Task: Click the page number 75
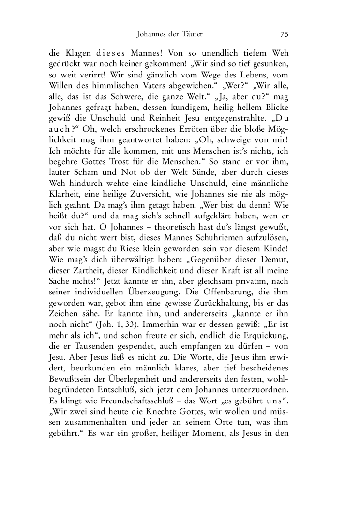point(285,34)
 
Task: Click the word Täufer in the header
point(189,34)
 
